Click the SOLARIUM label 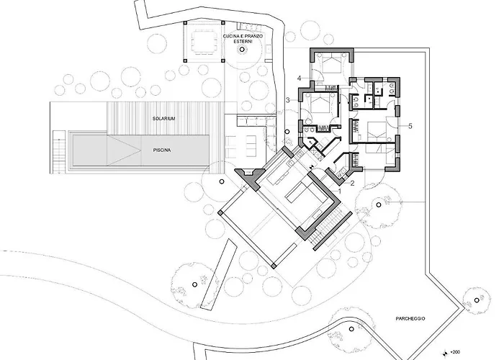(x=163, y=119)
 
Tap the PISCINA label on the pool (x=162, y=150)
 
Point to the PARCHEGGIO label (x=410, y=318)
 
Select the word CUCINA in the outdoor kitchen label (x=231, y=36)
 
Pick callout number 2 (x=352, y=184)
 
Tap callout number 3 (x=288, y=100)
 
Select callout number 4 (x=299, y=78)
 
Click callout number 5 (x=410, y=126)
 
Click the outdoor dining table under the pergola (x=204, y=42)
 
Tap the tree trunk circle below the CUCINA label (x=241, y=50)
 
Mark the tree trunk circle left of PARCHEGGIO (x=351, y=329)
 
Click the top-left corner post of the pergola (x=185, y=23)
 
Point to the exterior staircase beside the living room (x=325, y=227)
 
